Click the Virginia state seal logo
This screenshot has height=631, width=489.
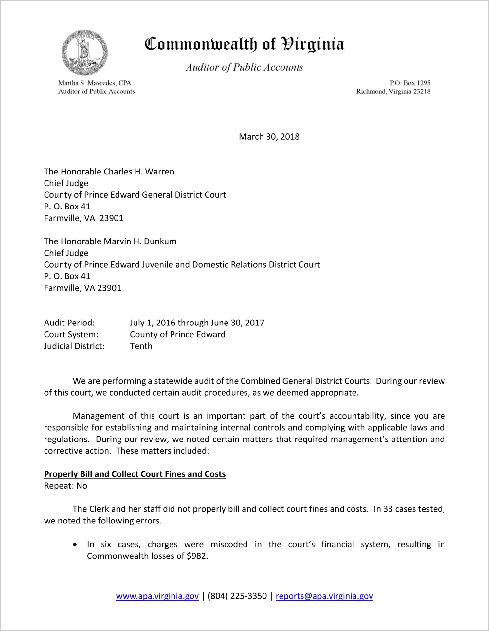coord(84,53)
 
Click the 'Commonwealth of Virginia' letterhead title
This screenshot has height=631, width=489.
coord(244,44)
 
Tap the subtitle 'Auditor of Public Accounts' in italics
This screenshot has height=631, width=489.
coord(244,67)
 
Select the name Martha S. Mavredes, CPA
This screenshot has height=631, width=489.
coord(95,83)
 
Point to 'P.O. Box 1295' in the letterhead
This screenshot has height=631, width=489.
coord(410,83)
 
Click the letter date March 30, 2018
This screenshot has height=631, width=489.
coord(269,137)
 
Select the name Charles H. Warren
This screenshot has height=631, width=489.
coord(139,172)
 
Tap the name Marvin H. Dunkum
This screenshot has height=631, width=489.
coord(140,241)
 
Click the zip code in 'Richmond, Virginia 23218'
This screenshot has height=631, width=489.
coord(422,91)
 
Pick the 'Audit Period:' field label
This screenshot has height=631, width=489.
coord(69,323)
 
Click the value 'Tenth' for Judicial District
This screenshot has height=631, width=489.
coord(141,346)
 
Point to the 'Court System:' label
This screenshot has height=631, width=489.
coord(71,335)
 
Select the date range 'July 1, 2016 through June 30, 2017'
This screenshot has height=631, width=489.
coord(197,323)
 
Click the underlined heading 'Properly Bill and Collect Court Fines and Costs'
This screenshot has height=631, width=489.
coord(135,474)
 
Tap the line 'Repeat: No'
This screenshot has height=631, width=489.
coord(65,486)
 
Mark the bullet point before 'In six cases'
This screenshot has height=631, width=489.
coord(75,545)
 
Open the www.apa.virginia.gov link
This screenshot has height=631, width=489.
coord(157,596)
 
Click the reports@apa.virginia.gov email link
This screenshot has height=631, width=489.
coord(324,596)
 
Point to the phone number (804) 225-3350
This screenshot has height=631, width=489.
coord(237,596)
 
